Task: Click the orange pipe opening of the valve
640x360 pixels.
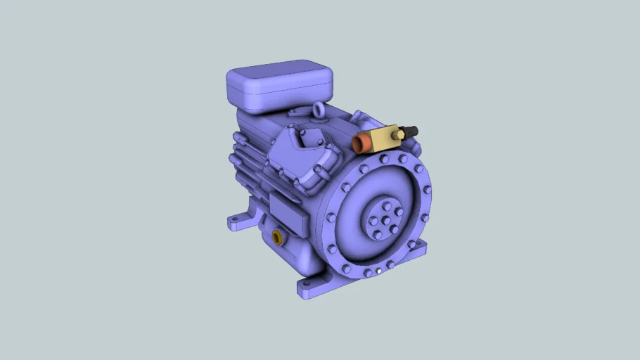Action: point(363,144)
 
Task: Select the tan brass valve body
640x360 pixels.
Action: point(383,137)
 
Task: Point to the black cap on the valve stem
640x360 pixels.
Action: point(409,131)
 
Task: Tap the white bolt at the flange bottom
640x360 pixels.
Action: point(379,271)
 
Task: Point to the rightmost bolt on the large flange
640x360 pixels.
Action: point(428,190)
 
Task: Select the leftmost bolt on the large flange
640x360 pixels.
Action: point(331,217)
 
